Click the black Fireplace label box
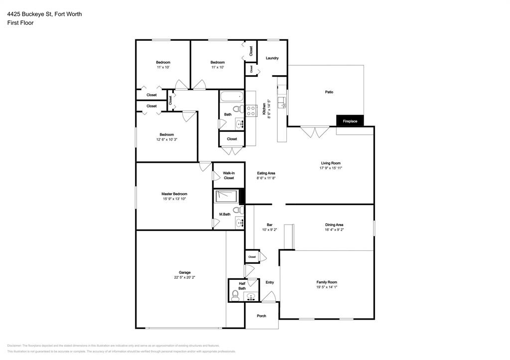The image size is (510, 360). (350, 121)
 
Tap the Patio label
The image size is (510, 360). (329, 92)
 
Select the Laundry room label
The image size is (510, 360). (272, 58)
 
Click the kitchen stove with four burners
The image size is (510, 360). (251, 110)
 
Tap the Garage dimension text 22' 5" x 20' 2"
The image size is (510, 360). (185, 277)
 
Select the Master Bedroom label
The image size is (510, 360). (174, 194)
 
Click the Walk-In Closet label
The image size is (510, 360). (229, 175)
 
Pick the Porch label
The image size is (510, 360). (261, 316)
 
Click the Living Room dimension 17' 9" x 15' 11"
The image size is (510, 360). (331, 168)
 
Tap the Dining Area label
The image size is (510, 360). (334, 225)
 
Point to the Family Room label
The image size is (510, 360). (327, 282)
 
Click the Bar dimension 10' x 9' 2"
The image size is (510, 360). (269, 230)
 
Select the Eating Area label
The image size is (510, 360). (266, 173)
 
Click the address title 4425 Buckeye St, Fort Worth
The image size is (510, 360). (44, 14)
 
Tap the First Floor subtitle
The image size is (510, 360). (20, 23)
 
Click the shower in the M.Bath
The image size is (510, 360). (227, 196)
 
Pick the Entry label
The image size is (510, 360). (269, 282)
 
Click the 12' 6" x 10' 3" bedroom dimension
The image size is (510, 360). (167, 139)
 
